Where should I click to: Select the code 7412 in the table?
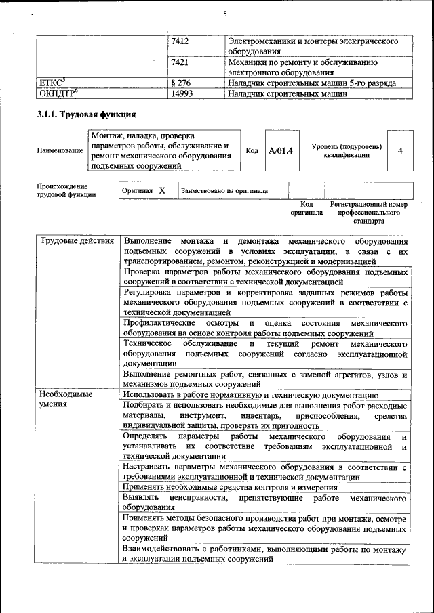coord(180,42)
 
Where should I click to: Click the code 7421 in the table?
coord(180,62)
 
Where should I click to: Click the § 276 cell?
coord(182,83)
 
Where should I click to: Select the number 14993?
coord(182,93)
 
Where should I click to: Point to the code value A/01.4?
coord(280,150)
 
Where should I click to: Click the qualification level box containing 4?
coord(400,150)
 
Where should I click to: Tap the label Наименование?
coord(60,151)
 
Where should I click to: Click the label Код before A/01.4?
coord(252,150)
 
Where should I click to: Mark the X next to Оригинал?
coord(162,191)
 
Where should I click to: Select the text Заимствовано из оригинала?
coord(224,191)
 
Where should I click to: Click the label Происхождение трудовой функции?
coord(67,190)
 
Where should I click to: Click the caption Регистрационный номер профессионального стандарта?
coord(368,212)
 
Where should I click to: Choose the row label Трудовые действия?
coord(77,241)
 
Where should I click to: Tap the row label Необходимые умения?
coord(66,400)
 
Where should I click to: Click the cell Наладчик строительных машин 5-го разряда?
coord(311,83)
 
